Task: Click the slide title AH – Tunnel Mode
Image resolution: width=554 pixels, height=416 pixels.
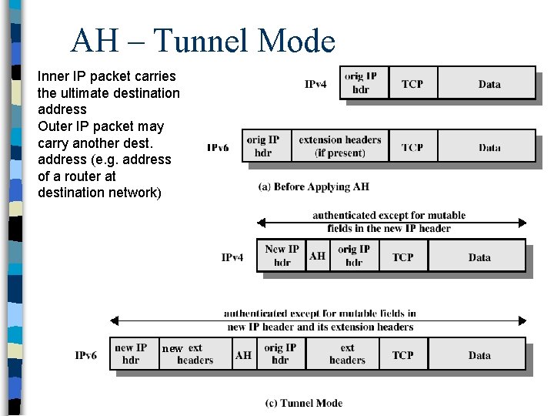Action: (202, 41)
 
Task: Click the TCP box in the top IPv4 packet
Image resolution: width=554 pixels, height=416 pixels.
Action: (412, 83)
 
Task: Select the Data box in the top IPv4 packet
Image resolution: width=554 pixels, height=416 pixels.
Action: (489, 83)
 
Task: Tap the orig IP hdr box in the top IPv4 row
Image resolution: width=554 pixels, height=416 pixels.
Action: (361, 83)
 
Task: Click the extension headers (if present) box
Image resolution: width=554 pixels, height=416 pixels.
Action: (339, 146)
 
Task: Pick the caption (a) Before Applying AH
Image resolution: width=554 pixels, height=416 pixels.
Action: (313, 186)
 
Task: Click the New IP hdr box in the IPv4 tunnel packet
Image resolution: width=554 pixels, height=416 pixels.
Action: (282, 256)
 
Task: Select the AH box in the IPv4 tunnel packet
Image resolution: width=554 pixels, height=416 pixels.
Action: (317, 256)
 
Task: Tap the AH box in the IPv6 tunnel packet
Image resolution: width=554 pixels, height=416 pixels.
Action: (243, 355)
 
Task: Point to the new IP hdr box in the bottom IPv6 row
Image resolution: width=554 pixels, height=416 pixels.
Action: (132, 354)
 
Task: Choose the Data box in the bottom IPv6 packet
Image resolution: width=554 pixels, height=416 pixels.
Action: (479, 355)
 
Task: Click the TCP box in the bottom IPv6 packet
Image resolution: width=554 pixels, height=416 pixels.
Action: (402, 355)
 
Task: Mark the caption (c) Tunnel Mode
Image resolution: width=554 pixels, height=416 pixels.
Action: (303, 403)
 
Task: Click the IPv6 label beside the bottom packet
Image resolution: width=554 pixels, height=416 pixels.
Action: (86, 355)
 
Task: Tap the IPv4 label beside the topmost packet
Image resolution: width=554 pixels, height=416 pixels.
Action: (315, 84)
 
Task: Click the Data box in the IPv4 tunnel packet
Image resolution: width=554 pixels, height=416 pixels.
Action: (479, 257)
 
